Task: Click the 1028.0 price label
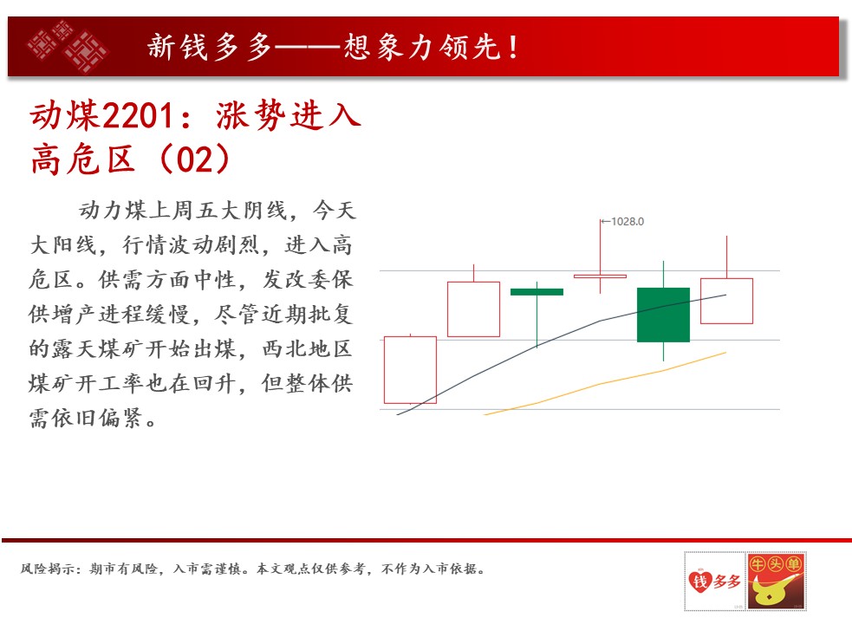[x=628, y=221]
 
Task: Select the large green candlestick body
[x=663, y=315]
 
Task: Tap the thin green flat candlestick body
[x=537, y=292]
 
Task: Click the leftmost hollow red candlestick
[x=410, y=369]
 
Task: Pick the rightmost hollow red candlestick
[x=726, y=301]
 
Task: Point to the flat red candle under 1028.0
[x=600, y=276]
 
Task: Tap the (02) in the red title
[x=195, y=159]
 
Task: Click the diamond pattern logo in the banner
[x=68, y=46]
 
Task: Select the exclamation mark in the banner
[x=512, y=47]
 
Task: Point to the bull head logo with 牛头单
[x=776, y=581]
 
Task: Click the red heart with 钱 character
[x=699, y=581]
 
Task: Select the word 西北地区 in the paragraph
[x=308, y=348]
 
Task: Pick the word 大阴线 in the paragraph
[x=254, y=211]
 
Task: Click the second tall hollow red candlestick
[x=473, y=309]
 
